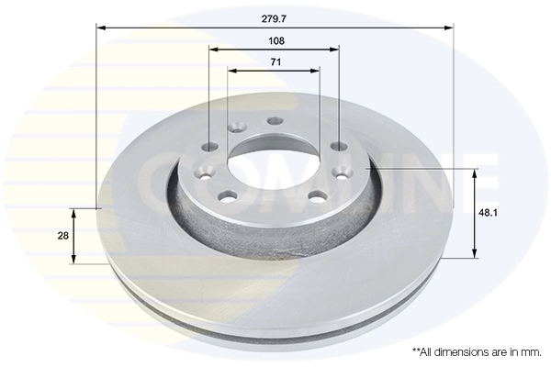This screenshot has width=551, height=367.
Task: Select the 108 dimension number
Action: pyautogui.click(x=275, y=40)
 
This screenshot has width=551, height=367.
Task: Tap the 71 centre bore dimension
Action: pyautogui.click(x=275, y=61)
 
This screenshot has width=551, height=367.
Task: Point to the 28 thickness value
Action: pyautogui.click(x=62, y=236)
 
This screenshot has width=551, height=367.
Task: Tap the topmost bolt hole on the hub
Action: pyautogui.click(x=275, y=121)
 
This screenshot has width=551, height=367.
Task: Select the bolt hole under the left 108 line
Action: pyautogui.click(x=211, y=147)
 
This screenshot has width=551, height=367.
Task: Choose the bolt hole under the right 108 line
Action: pyautogui.click(x=338, y=146)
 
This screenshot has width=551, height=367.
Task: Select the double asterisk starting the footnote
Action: pyautogui.click(x=417, y=350)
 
